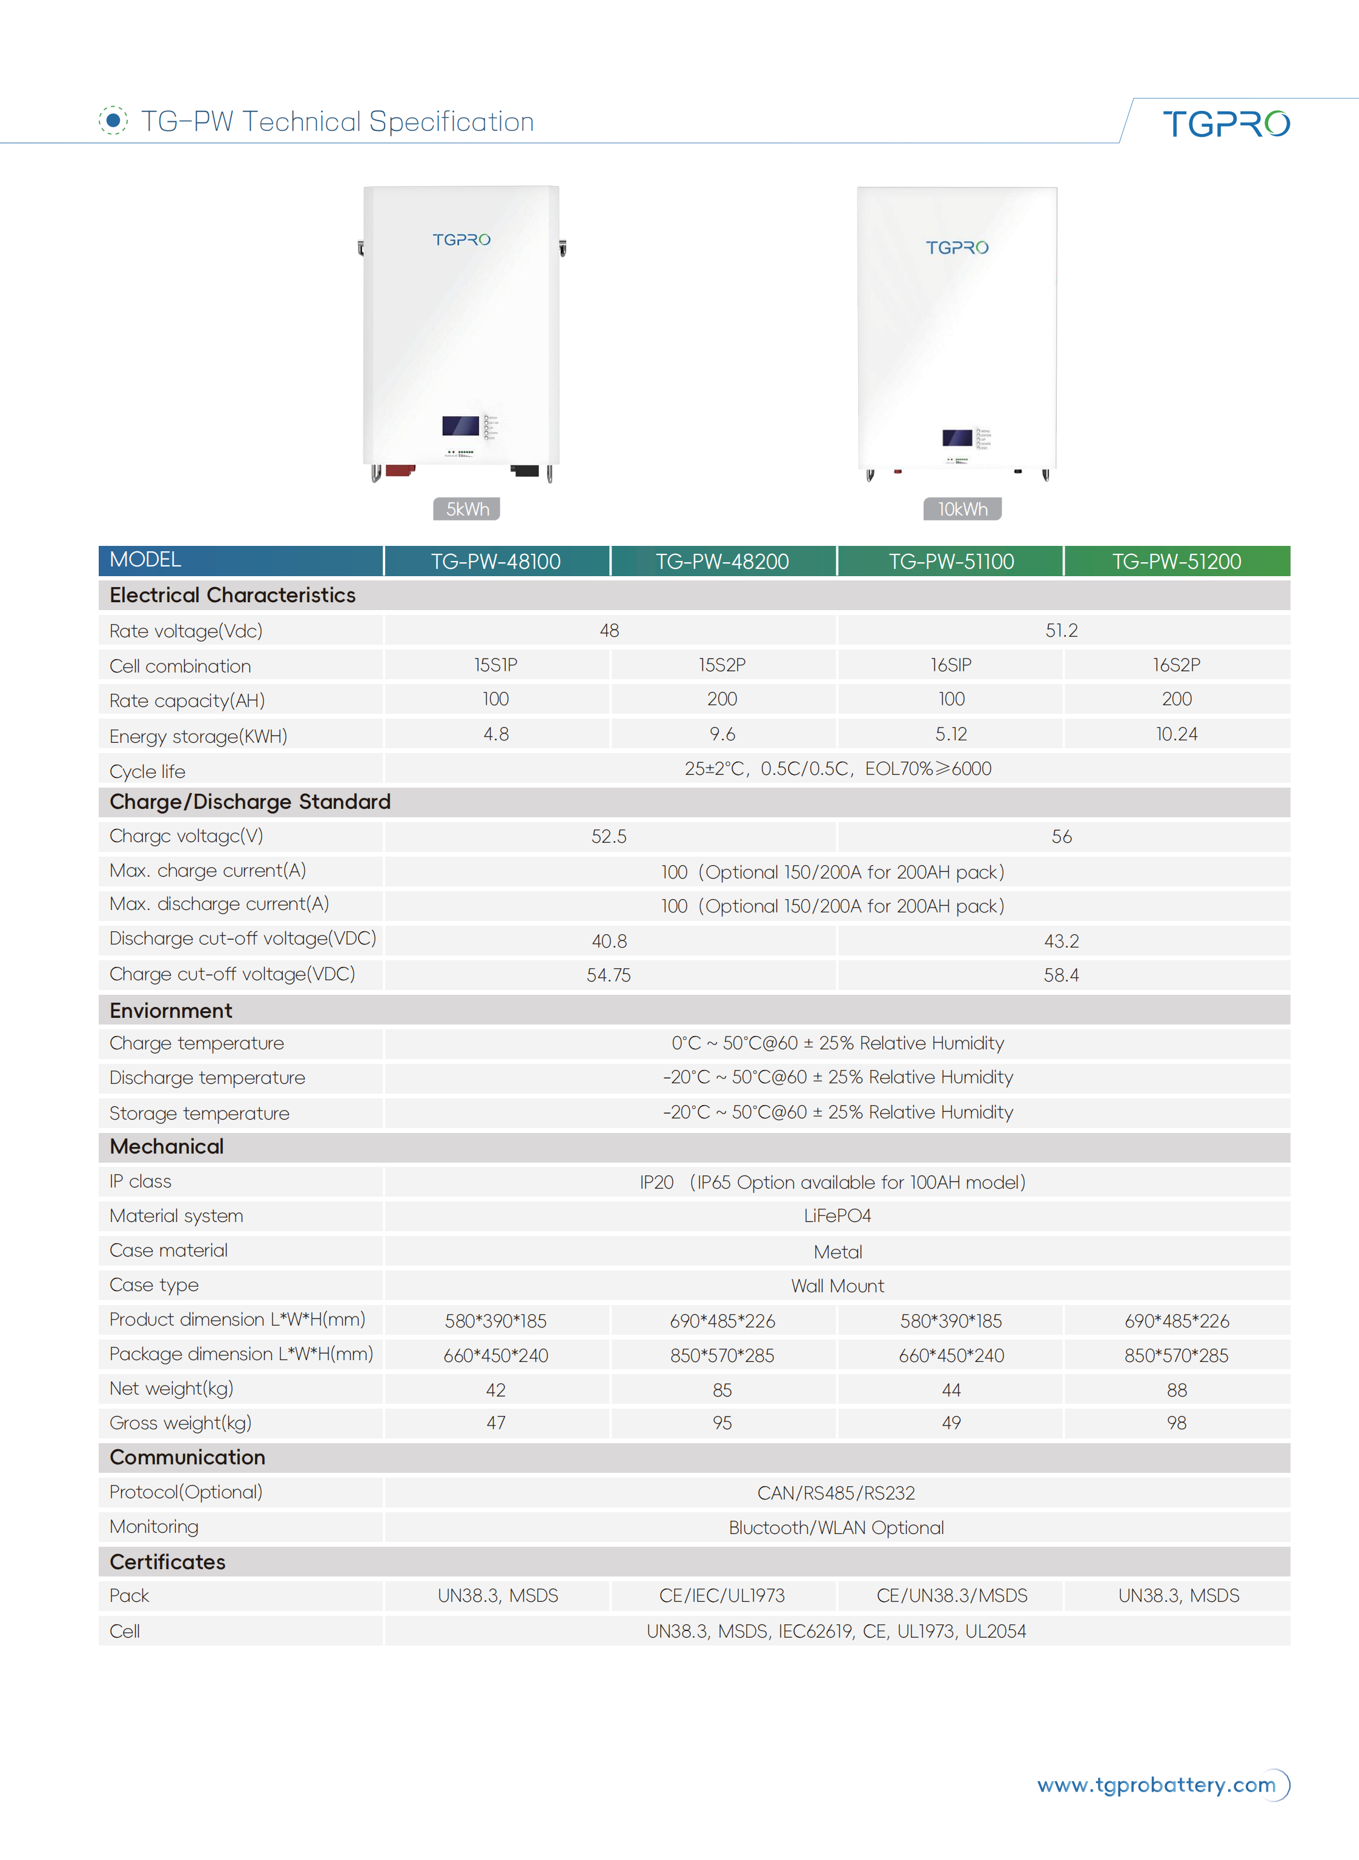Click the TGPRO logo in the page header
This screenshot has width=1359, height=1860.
tap(1225, 124)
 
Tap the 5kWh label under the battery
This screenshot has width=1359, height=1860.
tap(466, 508)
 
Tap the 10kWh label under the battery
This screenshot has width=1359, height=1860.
tap(962, 508)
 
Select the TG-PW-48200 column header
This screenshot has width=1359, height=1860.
tap(722, 561)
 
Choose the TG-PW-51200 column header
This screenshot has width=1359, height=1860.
tap(1176, 561)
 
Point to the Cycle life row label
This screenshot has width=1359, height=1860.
tap(147, 771)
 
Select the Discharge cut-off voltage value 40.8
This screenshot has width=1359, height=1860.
tap(609, 941)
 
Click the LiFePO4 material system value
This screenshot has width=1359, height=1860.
tap(836, 1215)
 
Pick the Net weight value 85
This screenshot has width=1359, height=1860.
tap(722, 1390)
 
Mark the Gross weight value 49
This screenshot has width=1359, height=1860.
tap(951, 1423)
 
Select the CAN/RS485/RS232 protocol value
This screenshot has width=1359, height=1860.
tap(836, 1493)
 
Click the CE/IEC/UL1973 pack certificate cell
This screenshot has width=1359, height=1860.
tap(722, 1596)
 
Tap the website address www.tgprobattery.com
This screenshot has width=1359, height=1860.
tap(1156, 1784)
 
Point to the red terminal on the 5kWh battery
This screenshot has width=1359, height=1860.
tap(399, 470)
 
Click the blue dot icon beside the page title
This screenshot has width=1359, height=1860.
tap(113, 120)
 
